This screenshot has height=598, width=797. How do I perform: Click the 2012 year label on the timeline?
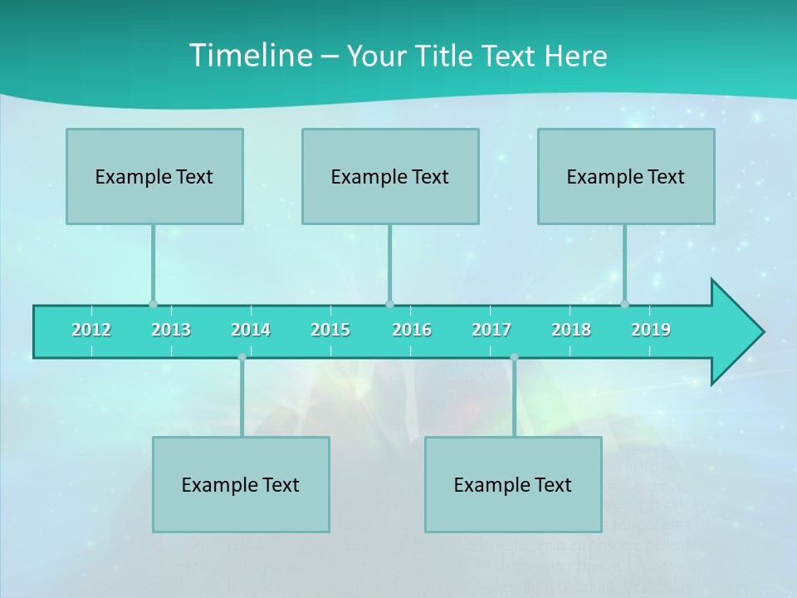point(91,330)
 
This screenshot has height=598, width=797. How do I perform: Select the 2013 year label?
point(171,330)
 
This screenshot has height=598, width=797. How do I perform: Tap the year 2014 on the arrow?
point(251,330)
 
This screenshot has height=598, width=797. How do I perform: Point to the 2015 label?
point(330,330)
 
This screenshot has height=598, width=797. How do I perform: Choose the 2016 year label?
point(412,330)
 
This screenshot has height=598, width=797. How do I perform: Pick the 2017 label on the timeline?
point(491,330)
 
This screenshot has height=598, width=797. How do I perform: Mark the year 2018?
point(571,330)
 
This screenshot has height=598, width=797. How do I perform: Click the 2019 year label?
point(651,330)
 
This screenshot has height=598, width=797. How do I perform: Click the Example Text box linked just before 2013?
point(154,177)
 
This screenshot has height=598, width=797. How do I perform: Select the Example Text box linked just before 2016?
point(390,177)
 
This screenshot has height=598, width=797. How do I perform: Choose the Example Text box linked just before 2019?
point(626,177)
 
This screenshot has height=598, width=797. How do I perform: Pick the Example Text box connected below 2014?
point(241,485)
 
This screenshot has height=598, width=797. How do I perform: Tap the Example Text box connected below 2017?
point(513,485)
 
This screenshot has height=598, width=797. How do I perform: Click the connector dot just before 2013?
point(153,304)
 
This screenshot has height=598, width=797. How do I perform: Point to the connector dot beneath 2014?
point(242,357)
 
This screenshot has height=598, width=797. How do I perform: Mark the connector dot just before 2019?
point(624,304)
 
